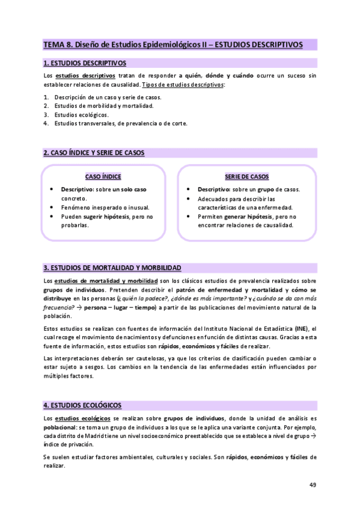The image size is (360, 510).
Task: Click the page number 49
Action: pos(313,485)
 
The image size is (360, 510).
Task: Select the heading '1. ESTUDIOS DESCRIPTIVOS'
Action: pos(85,62)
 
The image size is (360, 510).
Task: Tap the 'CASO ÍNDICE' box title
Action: pos(103,177)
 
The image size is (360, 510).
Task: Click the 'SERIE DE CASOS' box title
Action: pos(246,177)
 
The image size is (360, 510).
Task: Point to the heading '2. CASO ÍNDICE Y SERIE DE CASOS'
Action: pos(94,153)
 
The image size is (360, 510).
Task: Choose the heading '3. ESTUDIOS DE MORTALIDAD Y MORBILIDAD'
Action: pos(112,267)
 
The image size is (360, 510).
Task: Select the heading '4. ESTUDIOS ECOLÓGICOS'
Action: pos(82,405)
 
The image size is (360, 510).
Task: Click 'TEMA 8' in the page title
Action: pos(58,45)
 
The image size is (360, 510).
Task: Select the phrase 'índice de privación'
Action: pos(69,444)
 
